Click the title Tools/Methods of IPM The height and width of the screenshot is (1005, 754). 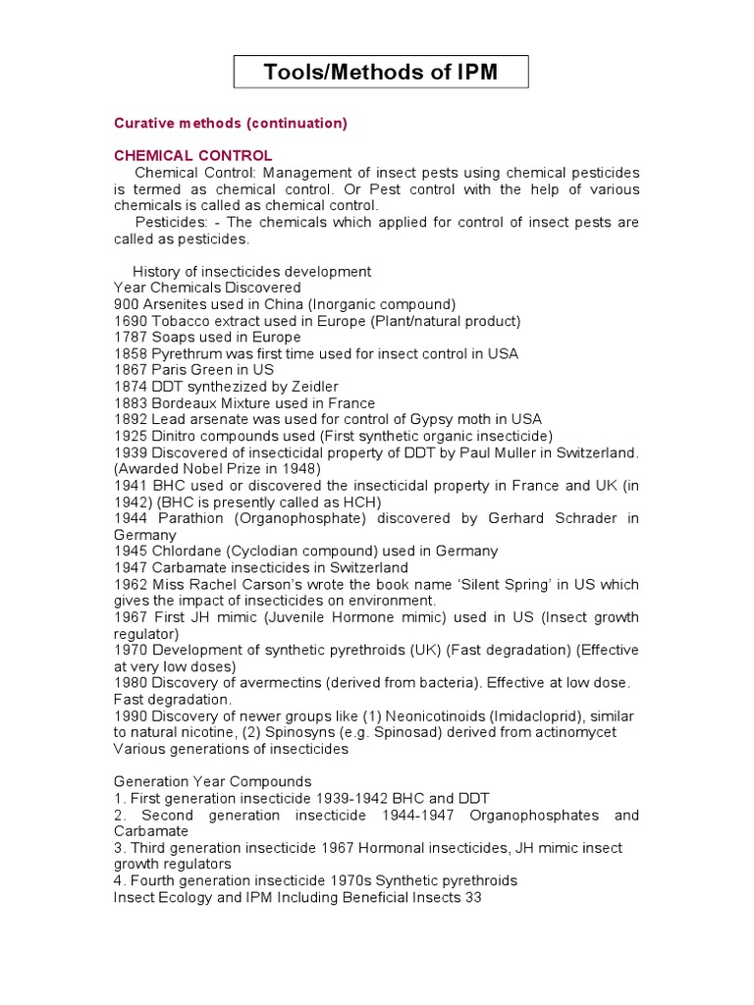(381, 72)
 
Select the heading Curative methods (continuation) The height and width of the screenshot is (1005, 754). (231, 123)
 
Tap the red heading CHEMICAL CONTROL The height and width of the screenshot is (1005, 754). (193, 156)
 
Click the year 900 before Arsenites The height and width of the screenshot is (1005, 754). (127, 304)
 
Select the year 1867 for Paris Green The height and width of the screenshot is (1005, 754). (130, 370)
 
